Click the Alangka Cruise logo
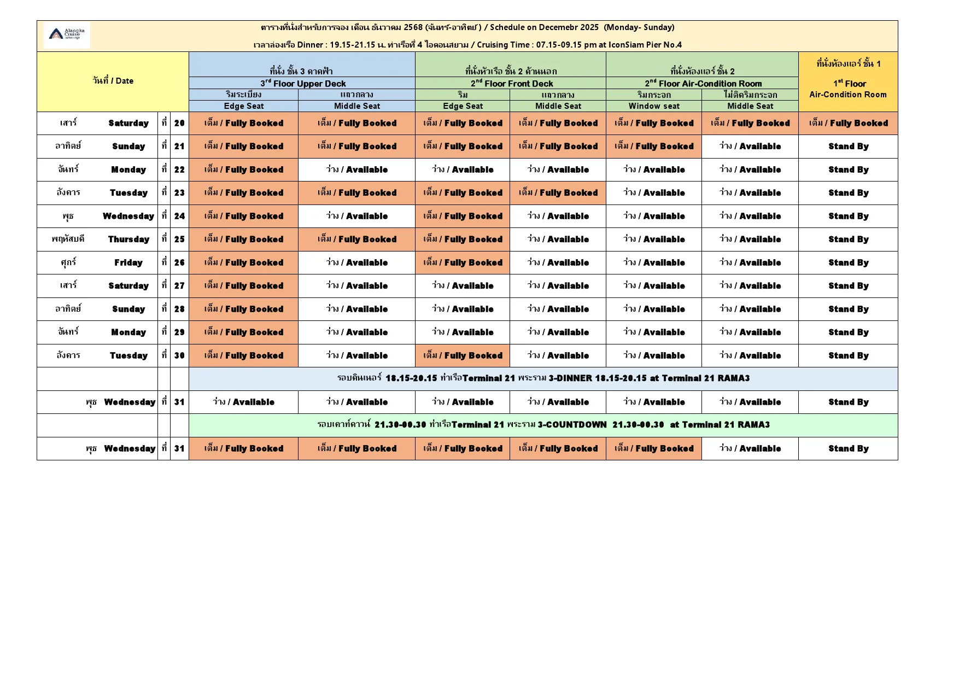pos(67,34)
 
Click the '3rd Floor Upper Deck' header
pos(302,84)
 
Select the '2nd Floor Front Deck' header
pos(511,84)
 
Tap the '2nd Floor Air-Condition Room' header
pos(703,84)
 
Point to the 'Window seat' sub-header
pos(654,106)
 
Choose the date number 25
pos(179,239)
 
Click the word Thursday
pos(128,239)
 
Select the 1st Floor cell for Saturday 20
pos(848,124)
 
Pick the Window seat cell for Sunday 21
pos(654,147)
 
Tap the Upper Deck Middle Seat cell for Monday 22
pos(356,170)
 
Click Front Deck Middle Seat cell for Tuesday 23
pos(558,193)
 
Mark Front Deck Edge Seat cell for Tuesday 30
pos(463,356)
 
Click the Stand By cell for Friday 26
pos(848,263)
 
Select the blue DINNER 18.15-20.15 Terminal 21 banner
pos(543,378)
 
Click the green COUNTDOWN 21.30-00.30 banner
pos(543,425)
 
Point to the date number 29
pos(179,332)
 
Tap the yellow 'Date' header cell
pos(113,81)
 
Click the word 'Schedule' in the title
pos(507,27)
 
